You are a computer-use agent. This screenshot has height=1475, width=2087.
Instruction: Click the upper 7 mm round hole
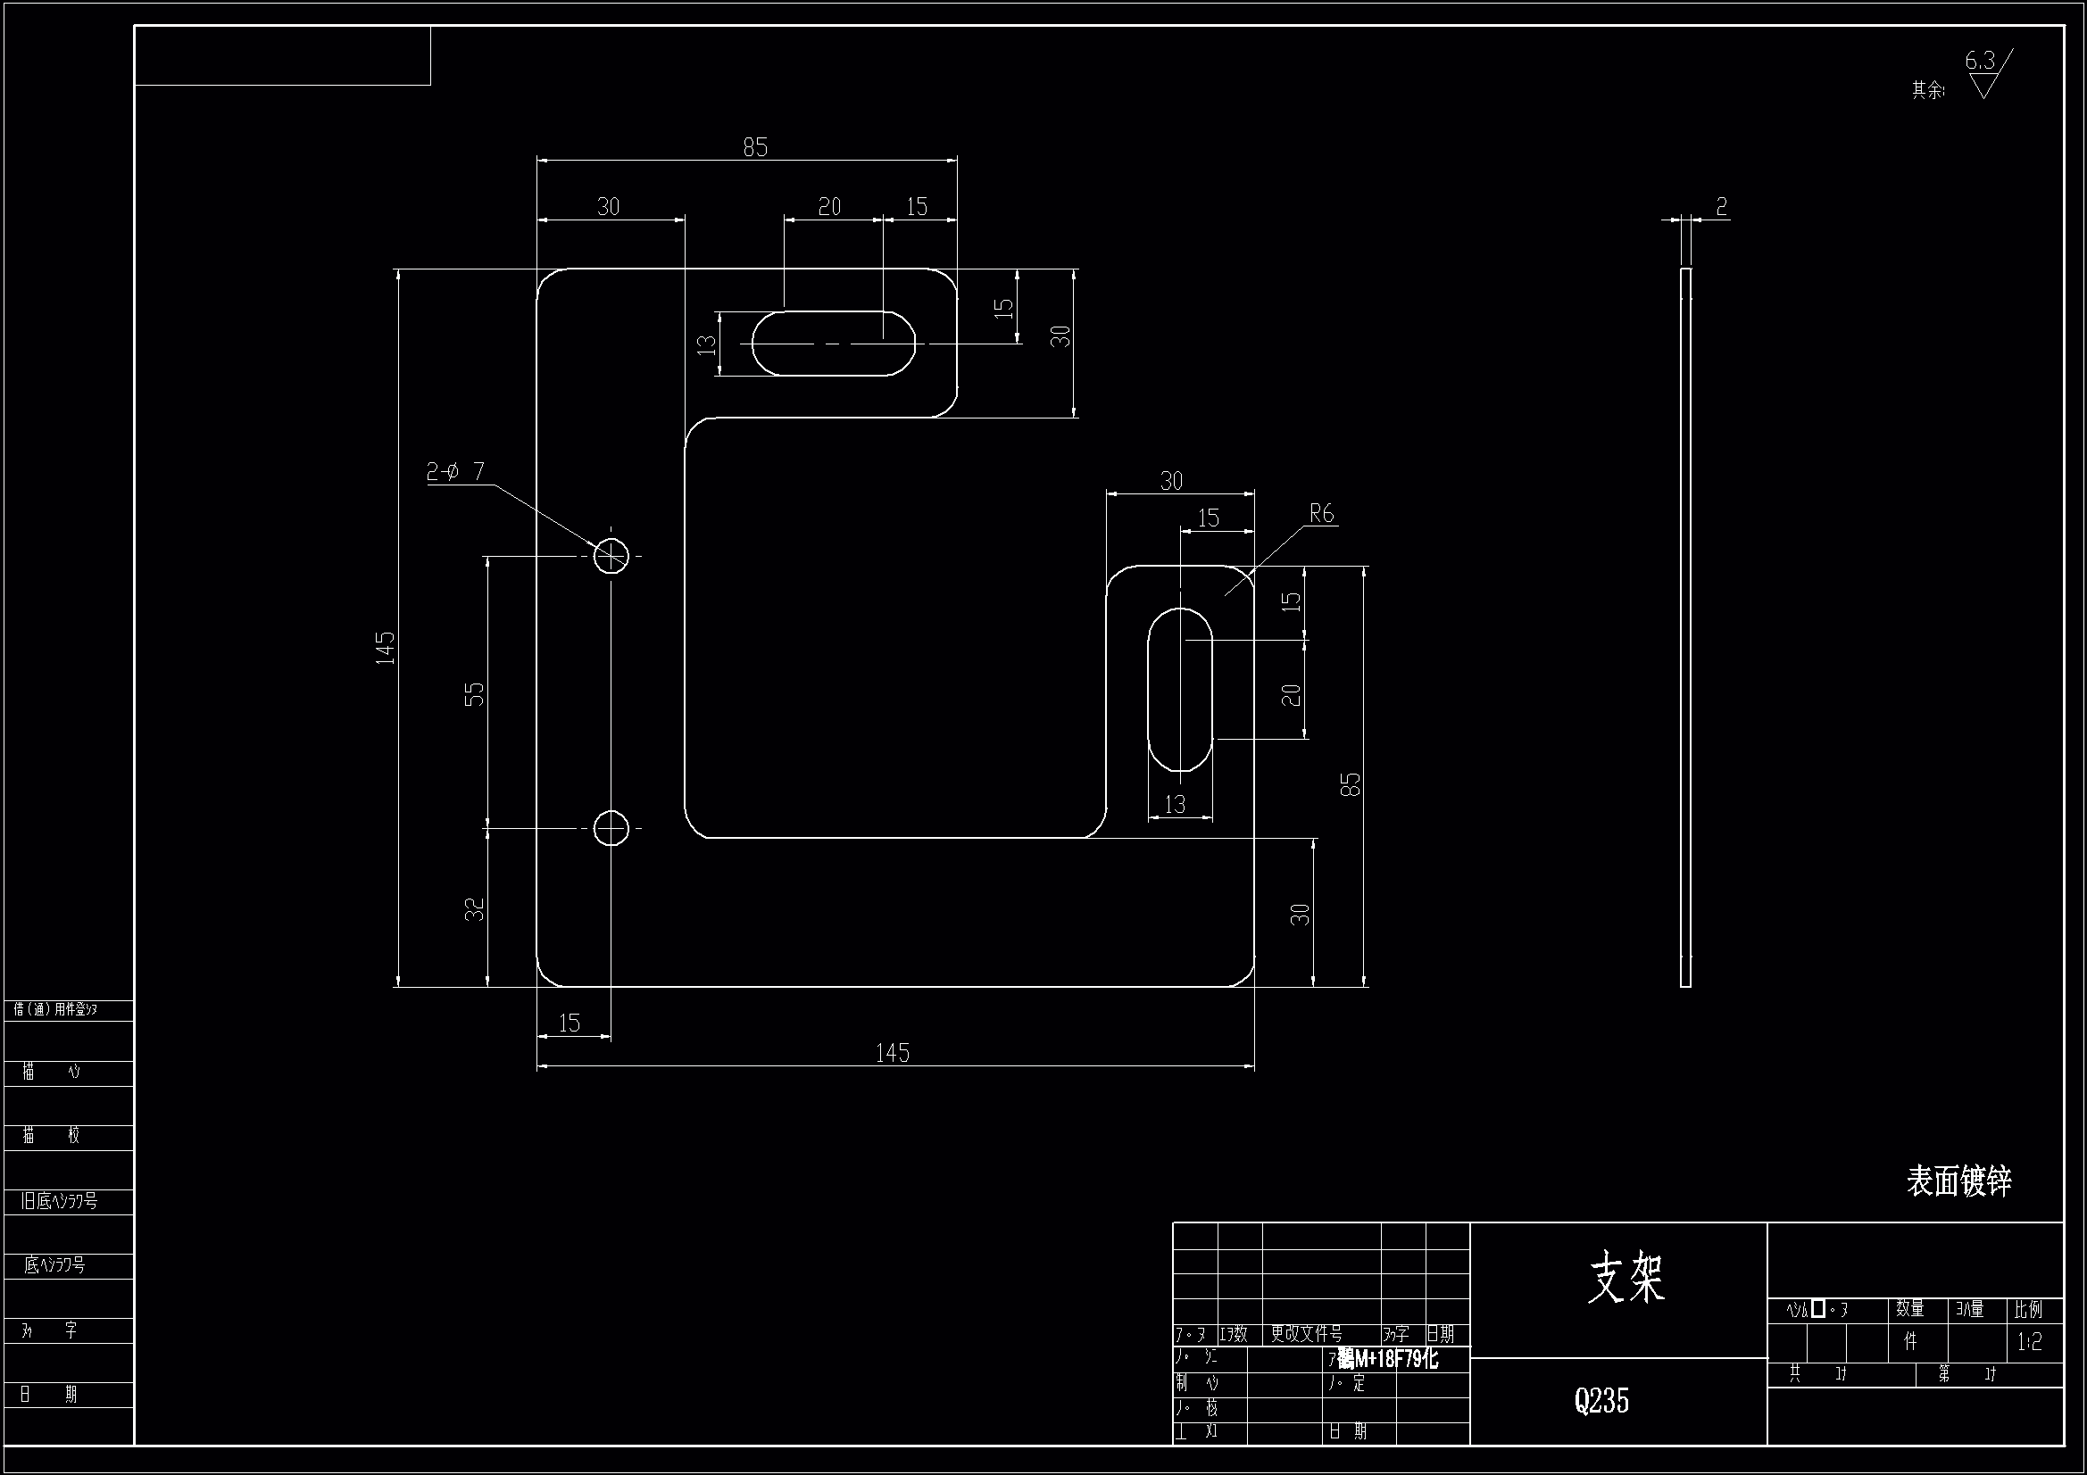(x=611, y=555)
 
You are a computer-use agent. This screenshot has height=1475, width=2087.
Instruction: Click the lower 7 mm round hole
(x=611, y=828)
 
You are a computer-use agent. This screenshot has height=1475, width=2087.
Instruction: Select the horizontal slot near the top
(x=833, y=344)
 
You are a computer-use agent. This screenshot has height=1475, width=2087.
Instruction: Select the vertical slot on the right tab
(x=1180, y=690)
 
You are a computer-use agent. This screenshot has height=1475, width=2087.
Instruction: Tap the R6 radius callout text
(x=1321, y=514)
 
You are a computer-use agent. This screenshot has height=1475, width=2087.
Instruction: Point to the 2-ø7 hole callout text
(x=455, y=471)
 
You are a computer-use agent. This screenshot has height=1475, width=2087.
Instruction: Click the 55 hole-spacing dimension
(x=475, y=693)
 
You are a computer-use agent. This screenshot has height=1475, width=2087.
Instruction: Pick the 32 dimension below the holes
(x=475, y=908)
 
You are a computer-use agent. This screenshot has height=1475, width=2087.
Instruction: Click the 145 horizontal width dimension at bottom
(x=892, y=1052)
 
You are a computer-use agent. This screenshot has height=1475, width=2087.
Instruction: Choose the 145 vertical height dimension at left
(x=386, y=648)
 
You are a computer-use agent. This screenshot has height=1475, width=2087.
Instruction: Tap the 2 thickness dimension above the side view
(x=1721, y=207)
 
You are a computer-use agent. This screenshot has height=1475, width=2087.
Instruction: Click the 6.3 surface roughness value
(x=1979, y=61)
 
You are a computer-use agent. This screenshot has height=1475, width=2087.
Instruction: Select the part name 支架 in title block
(x=1626, y=1278)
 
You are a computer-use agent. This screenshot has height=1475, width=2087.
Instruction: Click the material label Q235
(x=1601, y=1400)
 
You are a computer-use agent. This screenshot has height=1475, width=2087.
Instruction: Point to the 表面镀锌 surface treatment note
(x=1958, y=1181)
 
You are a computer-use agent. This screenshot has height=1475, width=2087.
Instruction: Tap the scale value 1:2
(x=2029, y=1342)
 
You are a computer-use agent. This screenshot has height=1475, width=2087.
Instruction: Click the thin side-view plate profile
(x=1685, y=627)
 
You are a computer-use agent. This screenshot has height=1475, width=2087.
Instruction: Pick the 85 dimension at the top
(x=755, y=147)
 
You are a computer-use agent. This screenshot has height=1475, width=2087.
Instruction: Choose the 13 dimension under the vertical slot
(x=1175, y=804)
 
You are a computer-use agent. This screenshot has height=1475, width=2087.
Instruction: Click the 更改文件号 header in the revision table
(x=1306, y=1333)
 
